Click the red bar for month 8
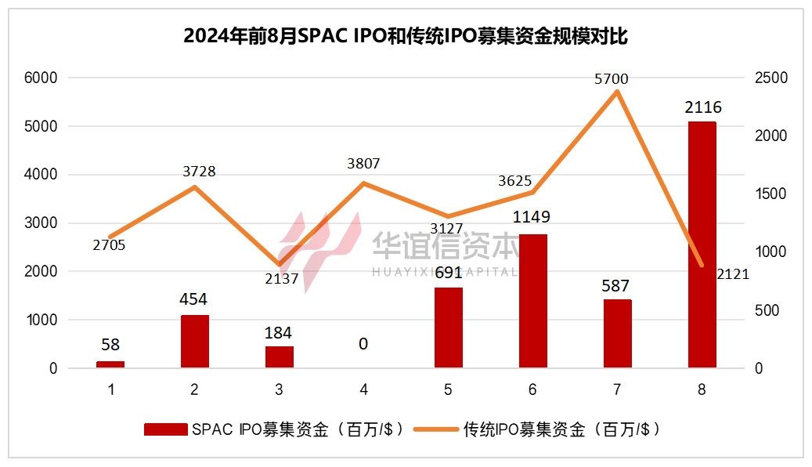point(702,244)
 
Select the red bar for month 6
point(533,301)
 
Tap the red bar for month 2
point(195,341)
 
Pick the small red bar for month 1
point(110,364)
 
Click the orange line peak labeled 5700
point(617,92)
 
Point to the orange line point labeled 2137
point(280,264)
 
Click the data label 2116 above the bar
point(702,107)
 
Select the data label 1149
point(533,216)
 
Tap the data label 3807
point(363,164)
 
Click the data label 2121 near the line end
point(733,273)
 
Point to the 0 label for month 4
point(363,344)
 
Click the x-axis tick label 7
point(617,389)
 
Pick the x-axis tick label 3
point(279,389)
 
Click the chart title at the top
point(406,37)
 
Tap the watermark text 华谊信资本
point(444,246)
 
